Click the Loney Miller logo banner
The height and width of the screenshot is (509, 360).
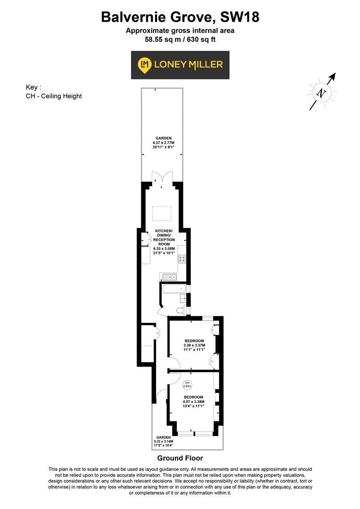pyautogui.click(x=180, y=65)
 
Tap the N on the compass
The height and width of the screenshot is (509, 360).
pyautogui.click(x=321, y=92)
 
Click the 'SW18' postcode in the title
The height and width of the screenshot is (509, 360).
pyautogui.click(x=237, y=17)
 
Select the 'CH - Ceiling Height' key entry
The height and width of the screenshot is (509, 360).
pyautogui.click(x=54, y=96)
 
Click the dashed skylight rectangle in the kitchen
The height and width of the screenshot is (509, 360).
pyautogui.click(x=161, y=214)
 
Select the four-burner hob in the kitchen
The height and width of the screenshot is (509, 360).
pyautogui.click(x=182, y=259)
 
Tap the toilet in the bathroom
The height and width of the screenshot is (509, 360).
pyautogui.click(x=180, y=310)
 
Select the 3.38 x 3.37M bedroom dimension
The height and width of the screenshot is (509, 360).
pyautogui.click(x=194, y=345)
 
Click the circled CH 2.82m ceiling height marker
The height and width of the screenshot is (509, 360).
pyautogui.click(x=187, y=384)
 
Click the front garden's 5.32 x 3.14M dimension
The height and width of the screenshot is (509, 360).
pyautogui.click(x=164, y=442)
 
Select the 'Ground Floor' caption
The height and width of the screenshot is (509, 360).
pyautogui.click(x=180, y=458)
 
